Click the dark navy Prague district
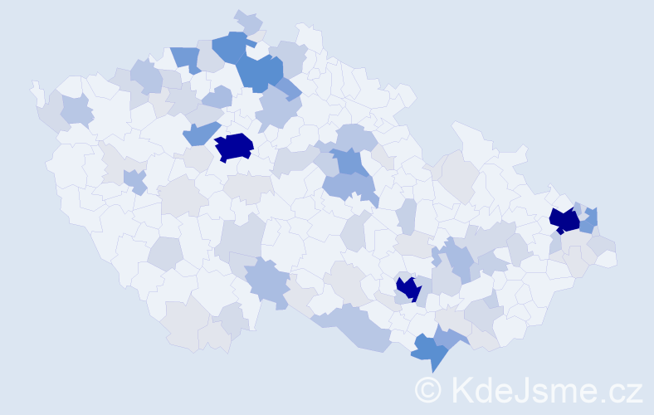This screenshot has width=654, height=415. (234, 146)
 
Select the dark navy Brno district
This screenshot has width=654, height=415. (408, 289)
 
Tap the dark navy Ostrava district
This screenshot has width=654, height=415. (564, 220)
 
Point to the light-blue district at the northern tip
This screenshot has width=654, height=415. (247, 21)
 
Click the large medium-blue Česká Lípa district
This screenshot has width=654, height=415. (261, 71)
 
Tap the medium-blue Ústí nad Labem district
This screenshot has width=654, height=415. (185, 58)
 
